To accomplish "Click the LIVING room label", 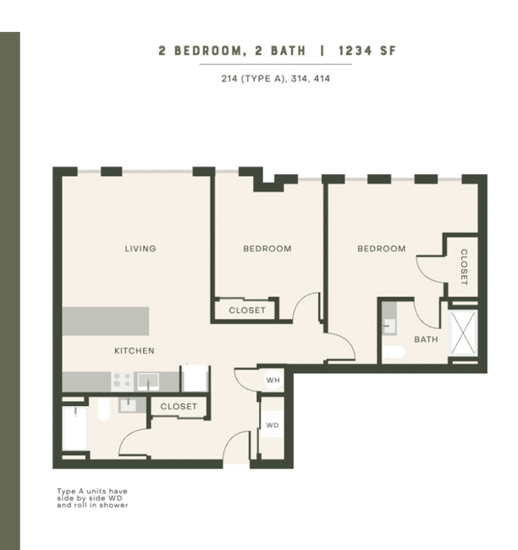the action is [141, 249].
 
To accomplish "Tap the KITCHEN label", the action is [135, 351].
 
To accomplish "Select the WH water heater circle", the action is [273, 380].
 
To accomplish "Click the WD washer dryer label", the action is [272, 425].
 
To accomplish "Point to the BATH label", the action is [426, 339].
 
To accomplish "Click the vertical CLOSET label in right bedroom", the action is [464, 267].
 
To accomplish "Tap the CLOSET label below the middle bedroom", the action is [247, 310].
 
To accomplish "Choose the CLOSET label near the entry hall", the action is [178, 406].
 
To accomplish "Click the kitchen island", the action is [106, 321].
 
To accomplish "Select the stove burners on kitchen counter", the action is [122, 380].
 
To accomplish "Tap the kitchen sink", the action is [148, 381].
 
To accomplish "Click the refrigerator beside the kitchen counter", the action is [195, 378].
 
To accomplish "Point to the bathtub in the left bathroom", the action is [75, 428].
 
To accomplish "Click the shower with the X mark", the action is [462, 333].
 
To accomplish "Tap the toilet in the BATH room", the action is [394, 352].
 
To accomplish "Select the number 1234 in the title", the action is [355, 51].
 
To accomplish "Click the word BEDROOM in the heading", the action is [208, 51].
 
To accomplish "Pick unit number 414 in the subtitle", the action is [322, 79].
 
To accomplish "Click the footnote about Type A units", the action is [92, 498].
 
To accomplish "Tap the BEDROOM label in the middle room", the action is [267, 249].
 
